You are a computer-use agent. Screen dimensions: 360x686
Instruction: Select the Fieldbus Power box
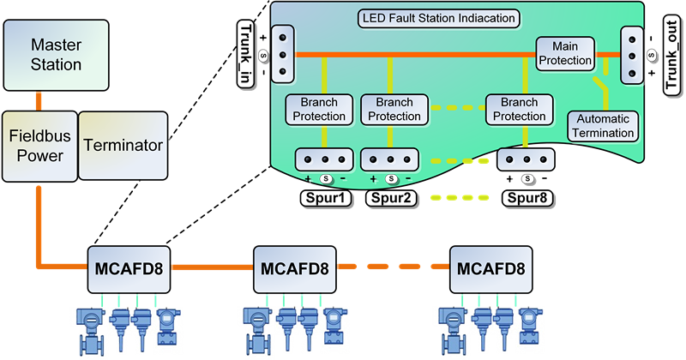click(x=36, y=146)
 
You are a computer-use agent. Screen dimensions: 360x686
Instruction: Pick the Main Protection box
click(x=565, y=52)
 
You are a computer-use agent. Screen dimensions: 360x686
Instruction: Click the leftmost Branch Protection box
click(x=318, y=109)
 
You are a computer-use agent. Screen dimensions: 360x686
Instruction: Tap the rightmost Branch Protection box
click(x=516, y=109)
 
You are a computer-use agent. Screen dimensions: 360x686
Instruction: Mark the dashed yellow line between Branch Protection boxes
click(x=454, y=109)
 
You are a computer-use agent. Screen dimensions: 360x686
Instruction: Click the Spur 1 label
click(x=324, y=199)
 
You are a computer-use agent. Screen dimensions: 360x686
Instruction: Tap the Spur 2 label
click(x=391, y=199)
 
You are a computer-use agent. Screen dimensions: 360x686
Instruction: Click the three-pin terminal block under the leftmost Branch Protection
click(x=324, y=159)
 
